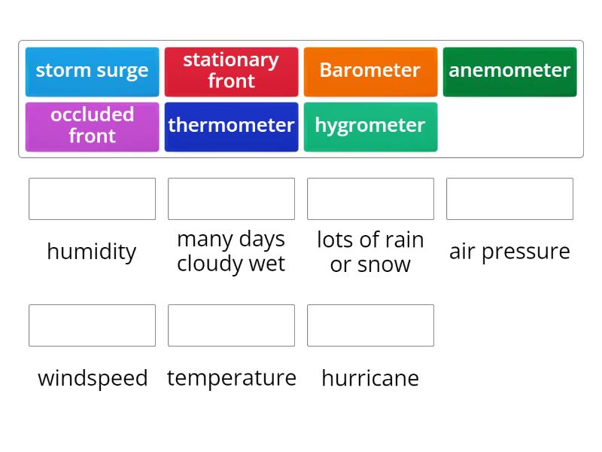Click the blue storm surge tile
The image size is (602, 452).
click(92, 72)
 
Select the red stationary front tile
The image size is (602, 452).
click(231, 72)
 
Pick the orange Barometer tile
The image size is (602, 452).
click(370, 72)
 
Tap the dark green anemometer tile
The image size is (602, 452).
click(509, 72)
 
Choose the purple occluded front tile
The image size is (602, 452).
click(92, 127)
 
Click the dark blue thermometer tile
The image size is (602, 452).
click(231, 127)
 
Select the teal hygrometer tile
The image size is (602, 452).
click(370, 127)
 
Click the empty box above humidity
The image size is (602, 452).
click(92, 199)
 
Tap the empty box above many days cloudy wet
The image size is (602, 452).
click(231, 199)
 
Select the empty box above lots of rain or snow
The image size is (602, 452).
click(370, 199)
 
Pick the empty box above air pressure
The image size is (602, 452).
click(509, 199)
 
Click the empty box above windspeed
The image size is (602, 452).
click(92, 325)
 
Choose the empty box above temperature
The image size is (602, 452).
click(231, 325)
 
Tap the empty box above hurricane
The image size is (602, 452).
click(370, 325)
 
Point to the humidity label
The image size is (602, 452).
click(92, 252)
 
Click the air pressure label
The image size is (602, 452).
click(509, 252)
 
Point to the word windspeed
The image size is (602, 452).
click(93, 378)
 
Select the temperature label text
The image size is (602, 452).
click(232, 378)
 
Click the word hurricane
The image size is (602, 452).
click(370, 378)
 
